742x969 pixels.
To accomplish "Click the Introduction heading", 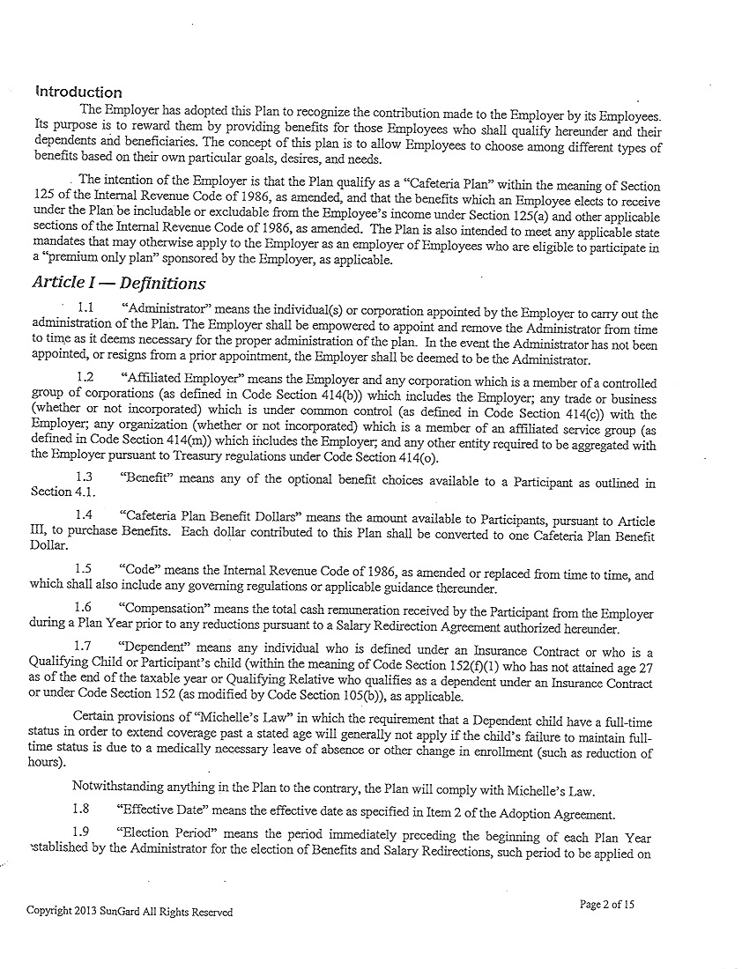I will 78,92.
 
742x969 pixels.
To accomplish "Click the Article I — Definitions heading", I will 118,284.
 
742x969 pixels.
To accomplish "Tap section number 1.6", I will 85,609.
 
